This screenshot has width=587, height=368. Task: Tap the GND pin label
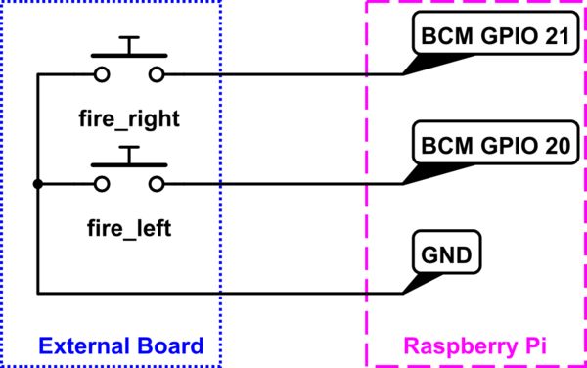coord(444,257)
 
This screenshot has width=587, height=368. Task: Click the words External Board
coord(121,345)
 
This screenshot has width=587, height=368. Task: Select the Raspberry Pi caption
coord(476,345)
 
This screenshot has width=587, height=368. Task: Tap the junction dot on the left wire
coord(37,184)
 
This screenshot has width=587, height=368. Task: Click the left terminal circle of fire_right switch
coord(100,74)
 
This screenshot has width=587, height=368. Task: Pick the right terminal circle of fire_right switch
coord(157,74)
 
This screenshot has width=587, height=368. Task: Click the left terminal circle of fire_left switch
coord(100,184)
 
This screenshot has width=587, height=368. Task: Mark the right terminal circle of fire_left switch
coord(157,184)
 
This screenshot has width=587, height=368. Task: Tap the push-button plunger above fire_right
coord(128,45)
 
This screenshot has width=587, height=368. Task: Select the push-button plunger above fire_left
coord(128,155)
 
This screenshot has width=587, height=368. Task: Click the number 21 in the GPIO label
coord(555,37)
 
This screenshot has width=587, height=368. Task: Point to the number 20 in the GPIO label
coord(555,147)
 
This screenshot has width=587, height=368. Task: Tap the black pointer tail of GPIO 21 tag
coord(416,64)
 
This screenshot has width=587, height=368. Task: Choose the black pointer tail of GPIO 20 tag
coord(416,173)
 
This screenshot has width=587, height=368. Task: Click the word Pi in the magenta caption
coord(532,345)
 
